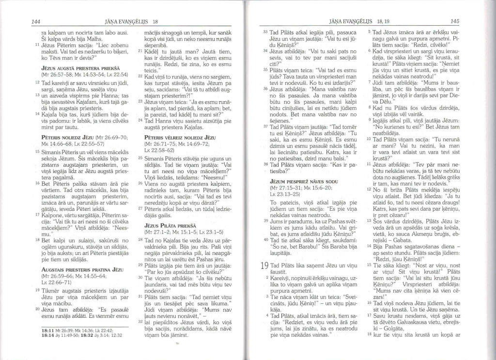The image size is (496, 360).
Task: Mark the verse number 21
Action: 141,64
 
